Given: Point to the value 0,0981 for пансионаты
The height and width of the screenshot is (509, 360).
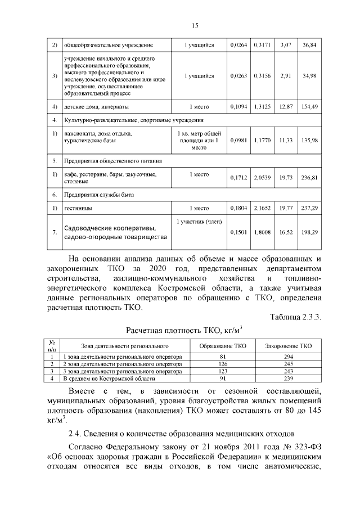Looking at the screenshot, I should (238, 141).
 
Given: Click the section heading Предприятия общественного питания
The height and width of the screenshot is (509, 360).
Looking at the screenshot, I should (108, 160).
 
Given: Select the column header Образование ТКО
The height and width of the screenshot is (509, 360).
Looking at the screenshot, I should (223, 346).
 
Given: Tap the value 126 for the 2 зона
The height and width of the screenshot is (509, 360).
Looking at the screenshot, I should (223, 364).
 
